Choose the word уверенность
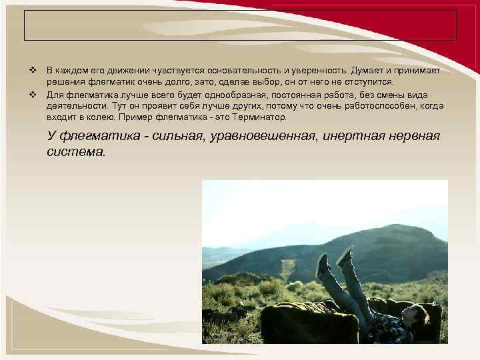point(313,70)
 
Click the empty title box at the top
point(240,25)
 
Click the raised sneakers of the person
point(333,260)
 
